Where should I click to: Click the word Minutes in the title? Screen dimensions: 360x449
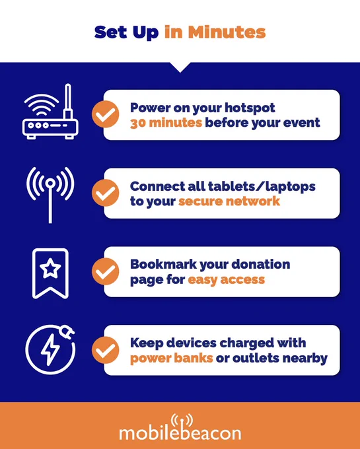227,32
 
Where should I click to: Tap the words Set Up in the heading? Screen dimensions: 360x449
126,32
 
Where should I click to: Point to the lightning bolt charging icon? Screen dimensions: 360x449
50,350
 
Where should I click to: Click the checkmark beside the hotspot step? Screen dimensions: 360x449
106,114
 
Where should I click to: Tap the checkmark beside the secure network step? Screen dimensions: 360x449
106,193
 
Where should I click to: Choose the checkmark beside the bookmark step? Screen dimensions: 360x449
106,271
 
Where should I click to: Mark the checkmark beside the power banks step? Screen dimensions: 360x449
106,350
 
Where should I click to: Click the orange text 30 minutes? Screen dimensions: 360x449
166,123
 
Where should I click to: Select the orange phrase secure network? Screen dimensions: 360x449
229,201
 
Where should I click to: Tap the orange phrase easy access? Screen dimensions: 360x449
227,280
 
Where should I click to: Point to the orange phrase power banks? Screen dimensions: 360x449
171,358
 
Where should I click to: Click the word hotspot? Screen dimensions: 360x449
250,108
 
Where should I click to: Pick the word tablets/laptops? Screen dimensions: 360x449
262,186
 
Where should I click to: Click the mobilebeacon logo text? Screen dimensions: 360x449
180,433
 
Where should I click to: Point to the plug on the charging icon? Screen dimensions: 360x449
67,332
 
